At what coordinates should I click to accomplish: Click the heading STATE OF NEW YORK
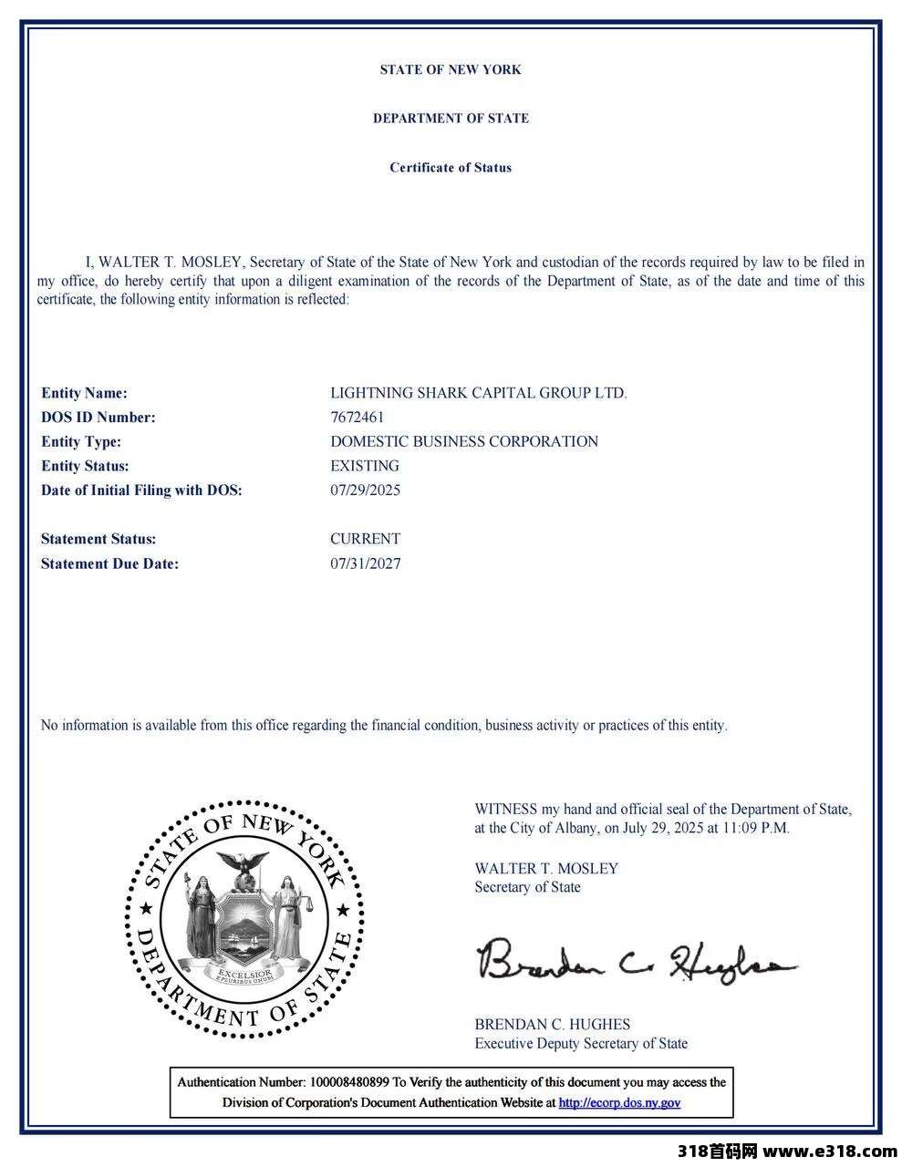tap(451, 69)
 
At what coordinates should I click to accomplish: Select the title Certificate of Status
tap(451, 168)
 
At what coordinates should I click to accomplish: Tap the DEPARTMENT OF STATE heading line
tap(451, 119)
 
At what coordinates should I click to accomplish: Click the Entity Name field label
tap(84, 393)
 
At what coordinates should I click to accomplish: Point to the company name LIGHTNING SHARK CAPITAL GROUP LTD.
tap(478, 393)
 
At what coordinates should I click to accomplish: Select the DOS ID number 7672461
tap(357, 418)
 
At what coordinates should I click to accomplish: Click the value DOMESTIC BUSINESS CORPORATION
tap(464, 441)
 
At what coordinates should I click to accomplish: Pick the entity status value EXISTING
tap(364, 466)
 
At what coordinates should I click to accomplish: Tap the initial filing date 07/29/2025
tap(365, 491)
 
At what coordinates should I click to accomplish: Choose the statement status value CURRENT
tap(365, 539)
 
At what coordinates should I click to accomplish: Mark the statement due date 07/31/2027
tap(365, 563)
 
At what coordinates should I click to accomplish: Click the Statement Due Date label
tap(109, 563)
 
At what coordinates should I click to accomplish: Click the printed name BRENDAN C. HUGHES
tap(552, 1024)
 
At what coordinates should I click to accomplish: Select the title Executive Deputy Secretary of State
tap(581, 1044)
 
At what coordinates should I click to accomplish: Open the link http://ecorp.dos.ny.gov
tap(619, 1102)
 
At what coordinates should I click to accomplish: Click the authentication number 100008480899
tap(349, 1082)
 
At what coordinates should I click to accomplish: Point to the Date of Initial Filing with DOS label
tap(141, 491)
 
